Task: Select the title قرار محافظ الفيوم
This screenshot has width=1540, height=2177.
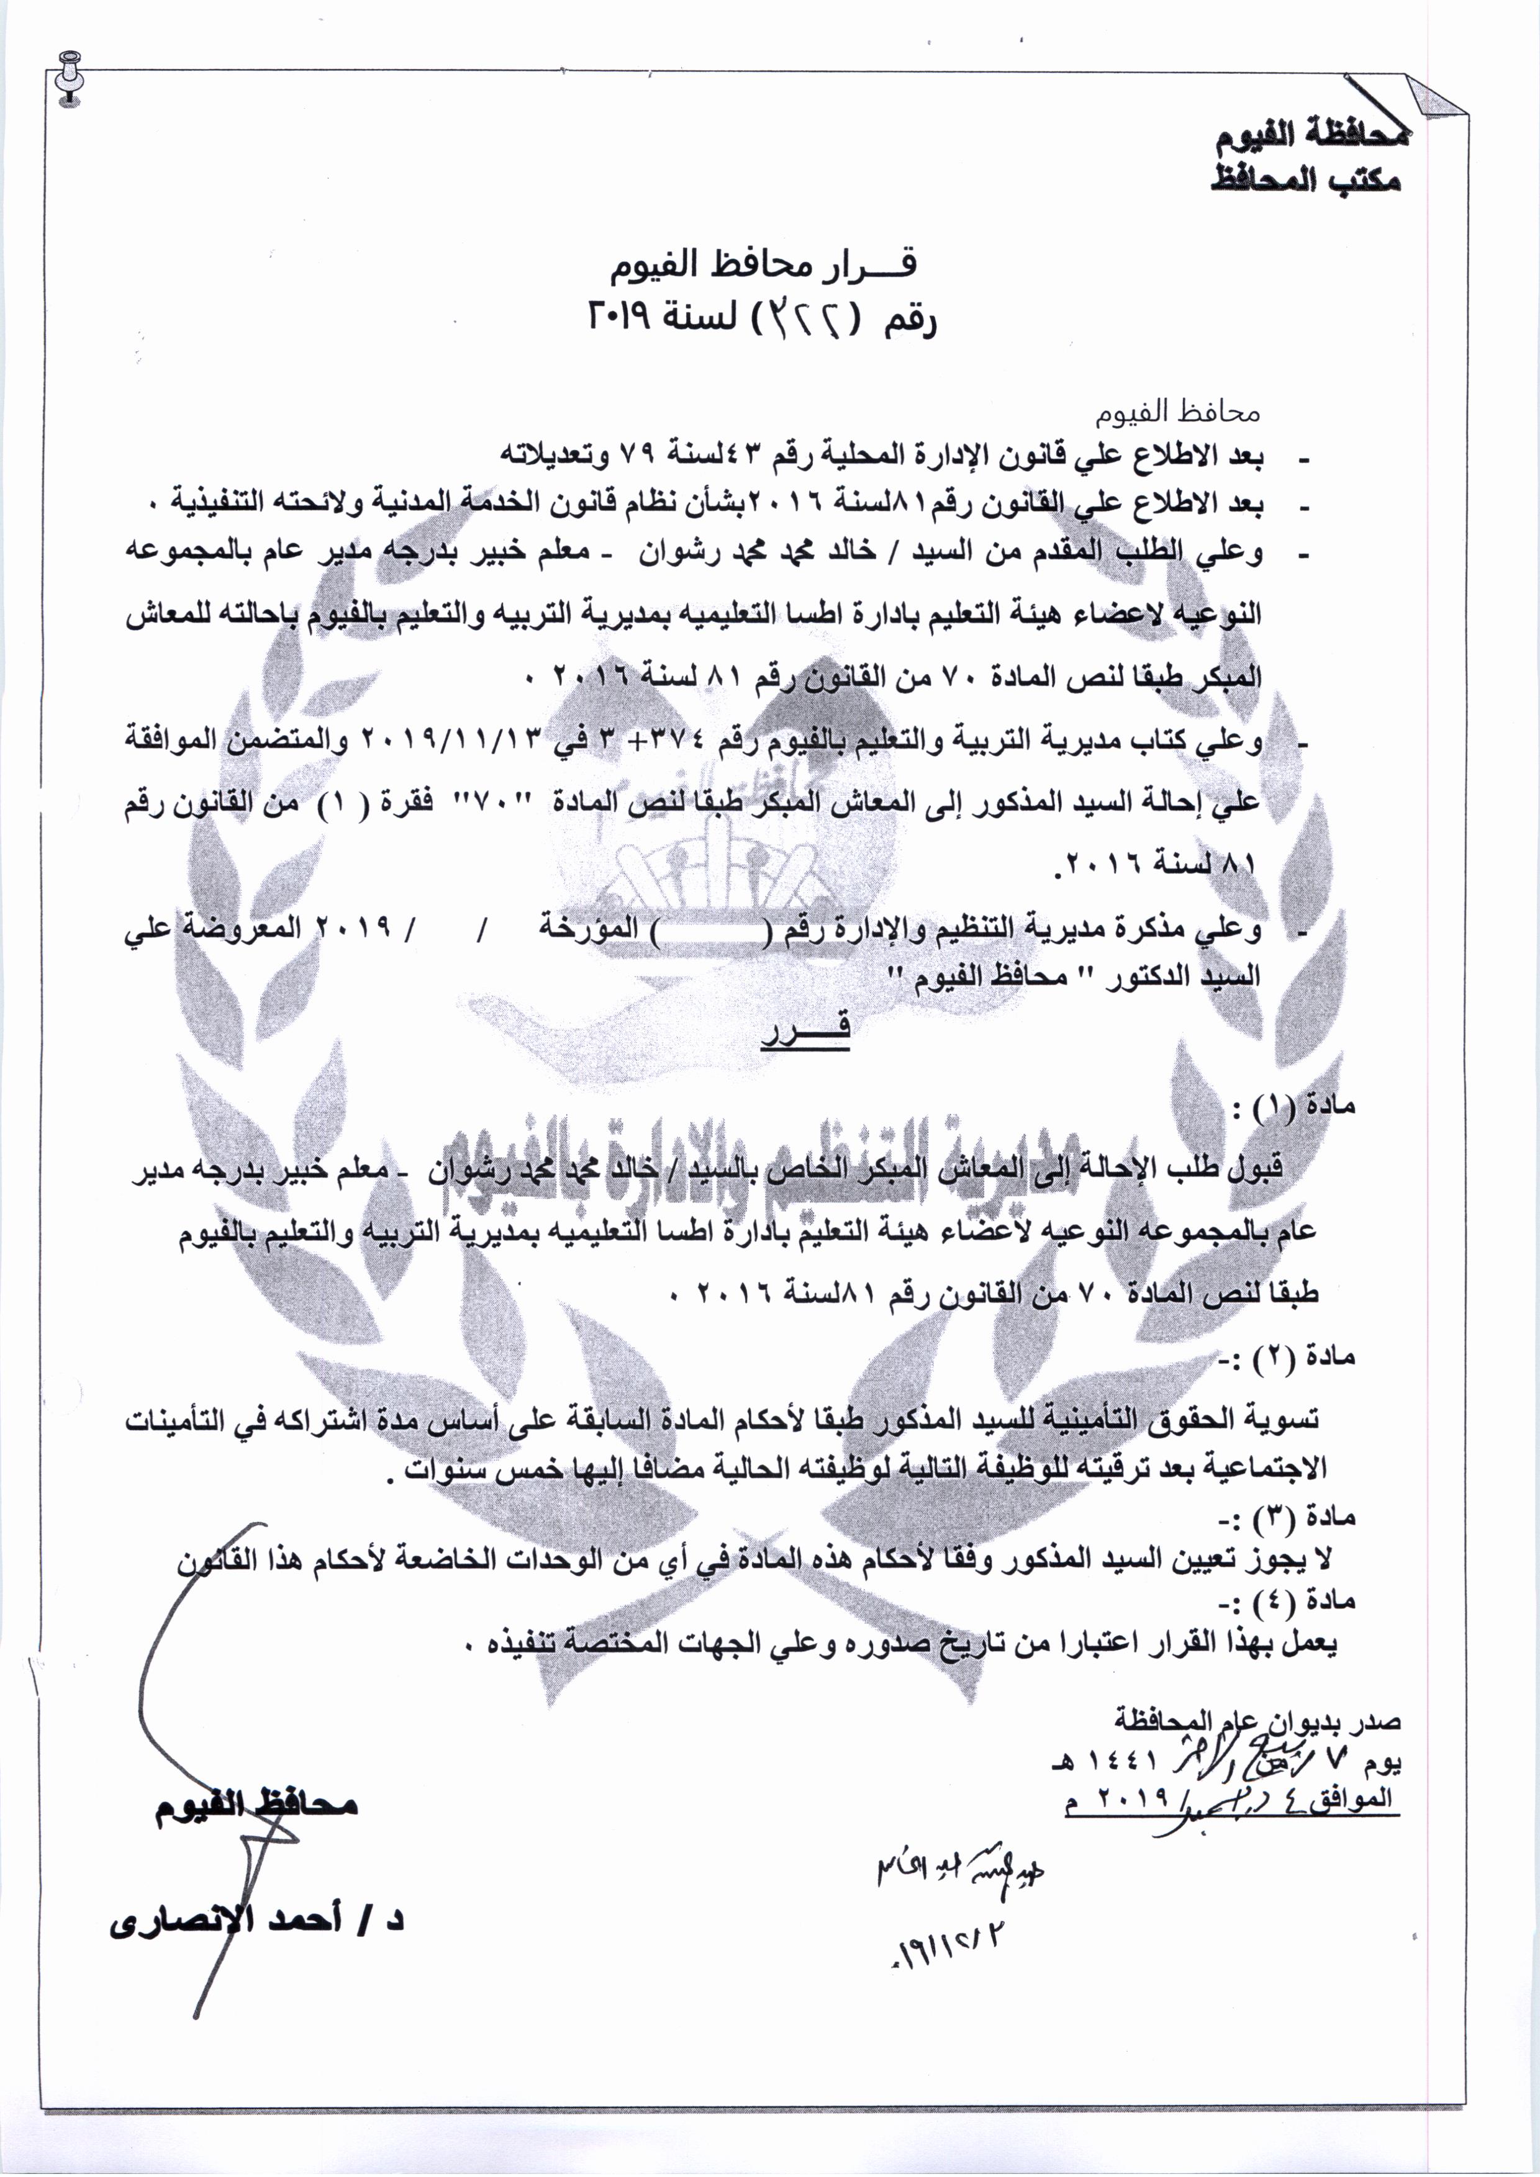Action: [763, 268]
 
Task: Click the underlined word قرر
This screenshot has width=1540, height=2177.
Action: [805, 1027]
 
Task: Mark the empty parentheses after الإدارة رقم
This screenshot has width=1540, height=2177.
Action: [715, 931]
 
